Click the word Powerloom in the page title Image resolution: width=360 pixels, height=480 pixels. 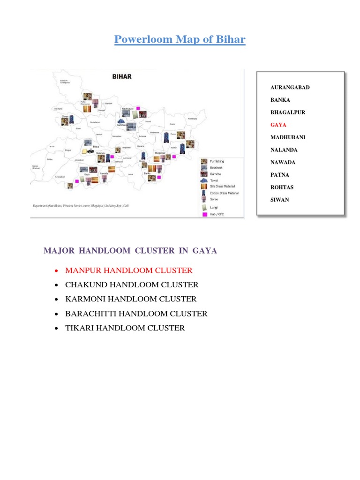[143, 39]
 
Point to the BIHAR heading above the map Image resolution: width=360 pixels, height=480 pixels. [121, 76]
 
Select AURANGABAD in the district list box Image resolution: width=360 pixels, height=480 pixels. [290, 88]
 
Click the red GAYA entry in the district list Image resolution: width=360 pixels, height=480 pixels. [278, 125]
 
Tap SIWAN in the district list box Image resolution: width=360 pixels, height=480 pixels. [280, 200]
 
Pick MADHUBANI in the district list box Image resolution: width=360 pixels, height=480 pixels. [288, 137]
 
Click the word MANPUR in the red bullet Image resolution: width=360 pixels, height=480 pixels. [83, 270]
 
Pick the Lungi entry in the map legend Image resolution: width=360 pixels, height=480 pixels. [214, 207]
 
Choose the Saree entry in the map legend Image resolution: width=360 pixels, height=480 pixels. [214, 198]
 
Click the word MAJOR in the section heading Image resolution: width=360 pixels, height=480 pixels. [59, 251]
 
